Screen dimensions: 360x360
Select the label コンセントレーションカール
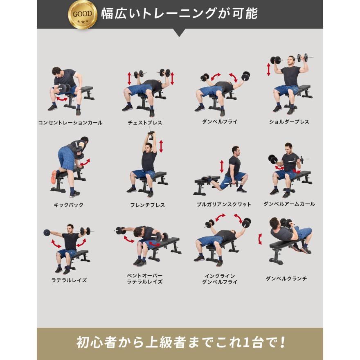pos(70,123)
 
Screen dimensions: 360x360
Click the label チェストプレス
pos(145,123)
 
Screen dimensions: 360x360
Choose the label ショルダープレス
pos(289,122)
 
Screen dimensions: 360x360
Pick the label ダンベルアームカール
pos(289,204)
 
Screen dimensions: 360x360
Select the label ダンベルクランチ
pos(286,279)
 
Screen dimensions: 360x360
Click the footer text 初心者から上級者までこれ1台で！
pos(180,342)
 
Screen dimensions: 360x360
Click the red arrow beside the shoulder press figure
pos(269,69)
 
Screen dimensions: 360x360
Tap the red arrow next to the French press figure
pos(161,146)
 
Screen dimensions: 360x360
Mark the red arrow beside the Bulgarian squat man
pos(222,166)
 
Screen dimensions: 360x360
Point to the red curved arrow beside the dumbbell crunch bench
pos(260,239)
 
